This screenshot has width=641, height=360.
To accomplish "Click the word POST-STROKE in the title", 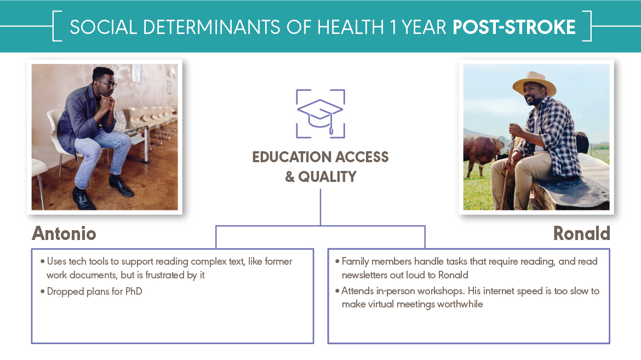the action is [x=514, y=27].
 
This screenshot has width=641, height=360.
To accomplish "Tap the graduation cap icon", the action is [x=320, y=114].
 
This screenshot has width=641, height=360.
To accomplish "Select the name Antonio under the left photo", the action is [x=64, y=233].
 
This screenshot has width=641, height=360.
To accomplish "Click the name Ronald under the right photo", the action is [x=581, y=233].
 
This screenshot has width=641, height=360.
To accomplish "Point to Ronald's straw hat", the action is [x=534, y=83].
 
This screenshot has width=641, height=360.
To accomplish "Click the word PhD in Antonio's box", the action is [x=134, y=292].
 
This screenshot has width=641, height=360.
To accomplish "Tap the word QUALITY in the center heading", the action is [x=327, y=177].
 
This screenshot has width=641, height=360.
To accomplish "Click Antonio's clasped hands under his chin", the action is [x=107, y=101].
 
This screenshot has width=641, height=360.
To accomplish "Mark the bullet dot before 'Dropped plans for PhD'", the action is [x=43, y=292].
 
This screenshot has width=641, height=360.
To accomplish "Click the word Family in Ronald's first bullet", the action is [x=355, y=261].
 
